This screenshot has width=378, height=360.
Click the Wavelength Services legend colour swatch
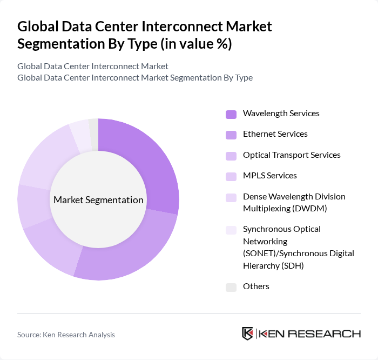point(231,114)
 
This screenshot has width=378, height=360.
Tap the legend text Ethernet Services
point(275,134)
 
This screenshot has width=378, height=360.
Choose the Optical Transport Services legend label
point(292,155)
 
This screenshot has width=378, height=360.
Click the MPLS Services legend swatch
point(231,176)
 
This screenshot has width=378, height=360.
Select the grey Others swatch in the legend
point(231,287)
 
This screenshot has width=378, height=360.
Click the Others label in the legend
point(256,286)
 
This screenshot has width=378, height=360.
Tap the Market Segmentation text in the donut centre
point(98,200)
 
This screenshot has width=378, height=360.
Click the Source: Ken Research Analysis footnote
point(66,335)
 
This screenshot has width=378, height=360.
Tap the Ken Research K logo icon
point(248,334)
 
